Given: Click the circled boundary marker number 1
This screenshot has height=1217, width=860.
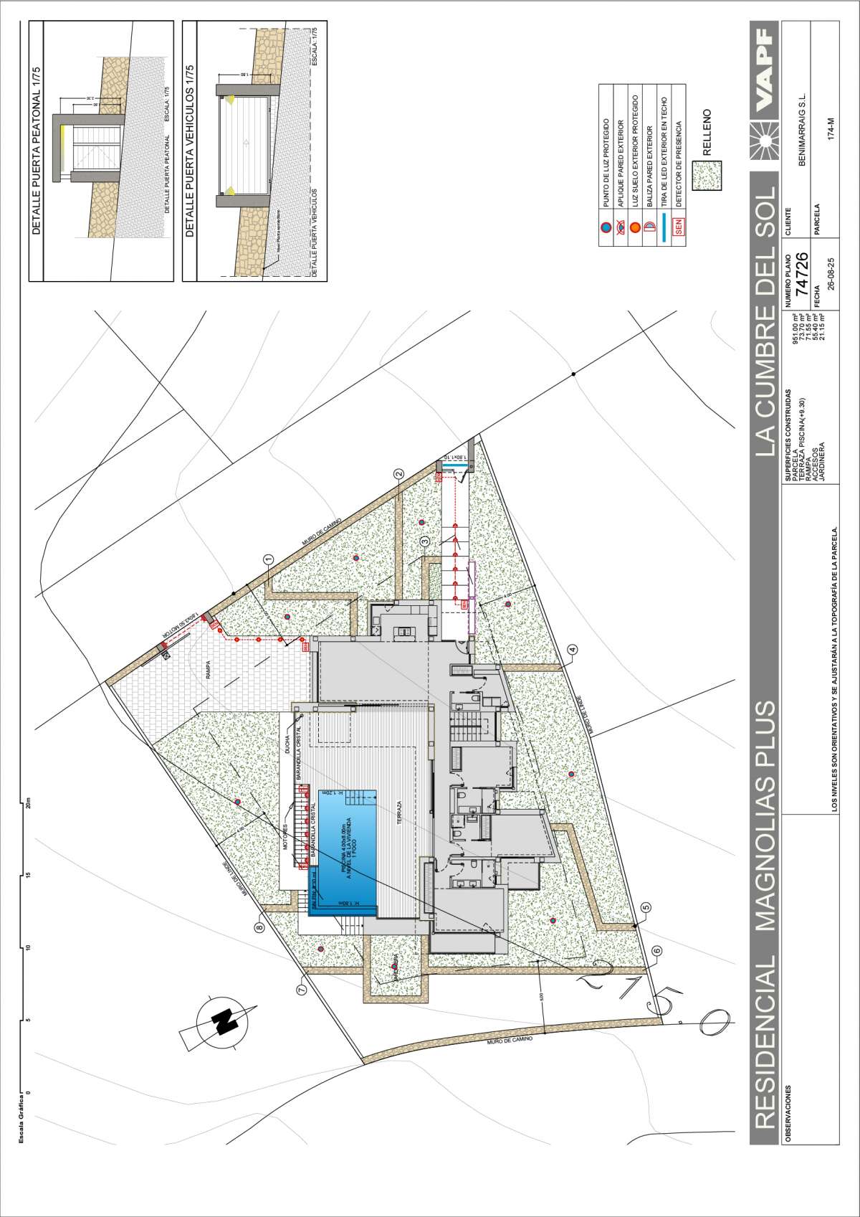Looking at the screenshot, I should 269,559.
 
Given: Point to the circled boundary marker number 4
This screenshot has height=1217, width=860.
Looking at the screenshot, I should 572,650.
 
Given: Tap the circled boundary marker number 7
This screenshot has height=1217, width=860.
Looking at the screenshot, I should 301,990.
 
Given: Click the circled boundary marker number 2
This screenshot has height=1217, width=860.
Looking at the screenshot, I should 399,473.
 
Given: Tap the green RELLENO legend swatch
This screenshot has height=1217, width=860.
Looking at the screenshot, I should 707,175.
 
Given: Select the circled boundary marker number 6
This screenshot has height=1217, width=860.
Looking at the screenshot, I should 657,951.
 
